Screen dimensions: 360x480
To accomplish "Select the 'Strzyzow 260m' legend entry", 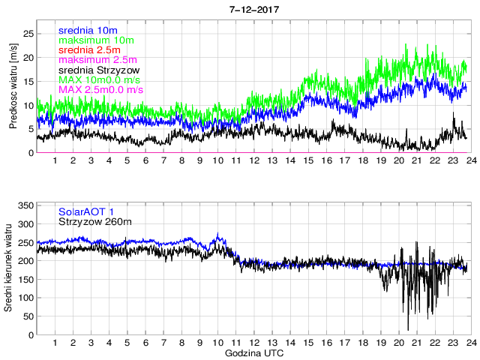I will (x=94, y=222).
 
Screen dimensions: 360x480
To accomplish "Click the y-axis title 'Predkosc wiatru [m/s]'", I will (x=13, y=85).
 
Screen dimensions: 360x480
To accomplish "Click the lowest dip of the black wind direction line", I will (x=408, y=328).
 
